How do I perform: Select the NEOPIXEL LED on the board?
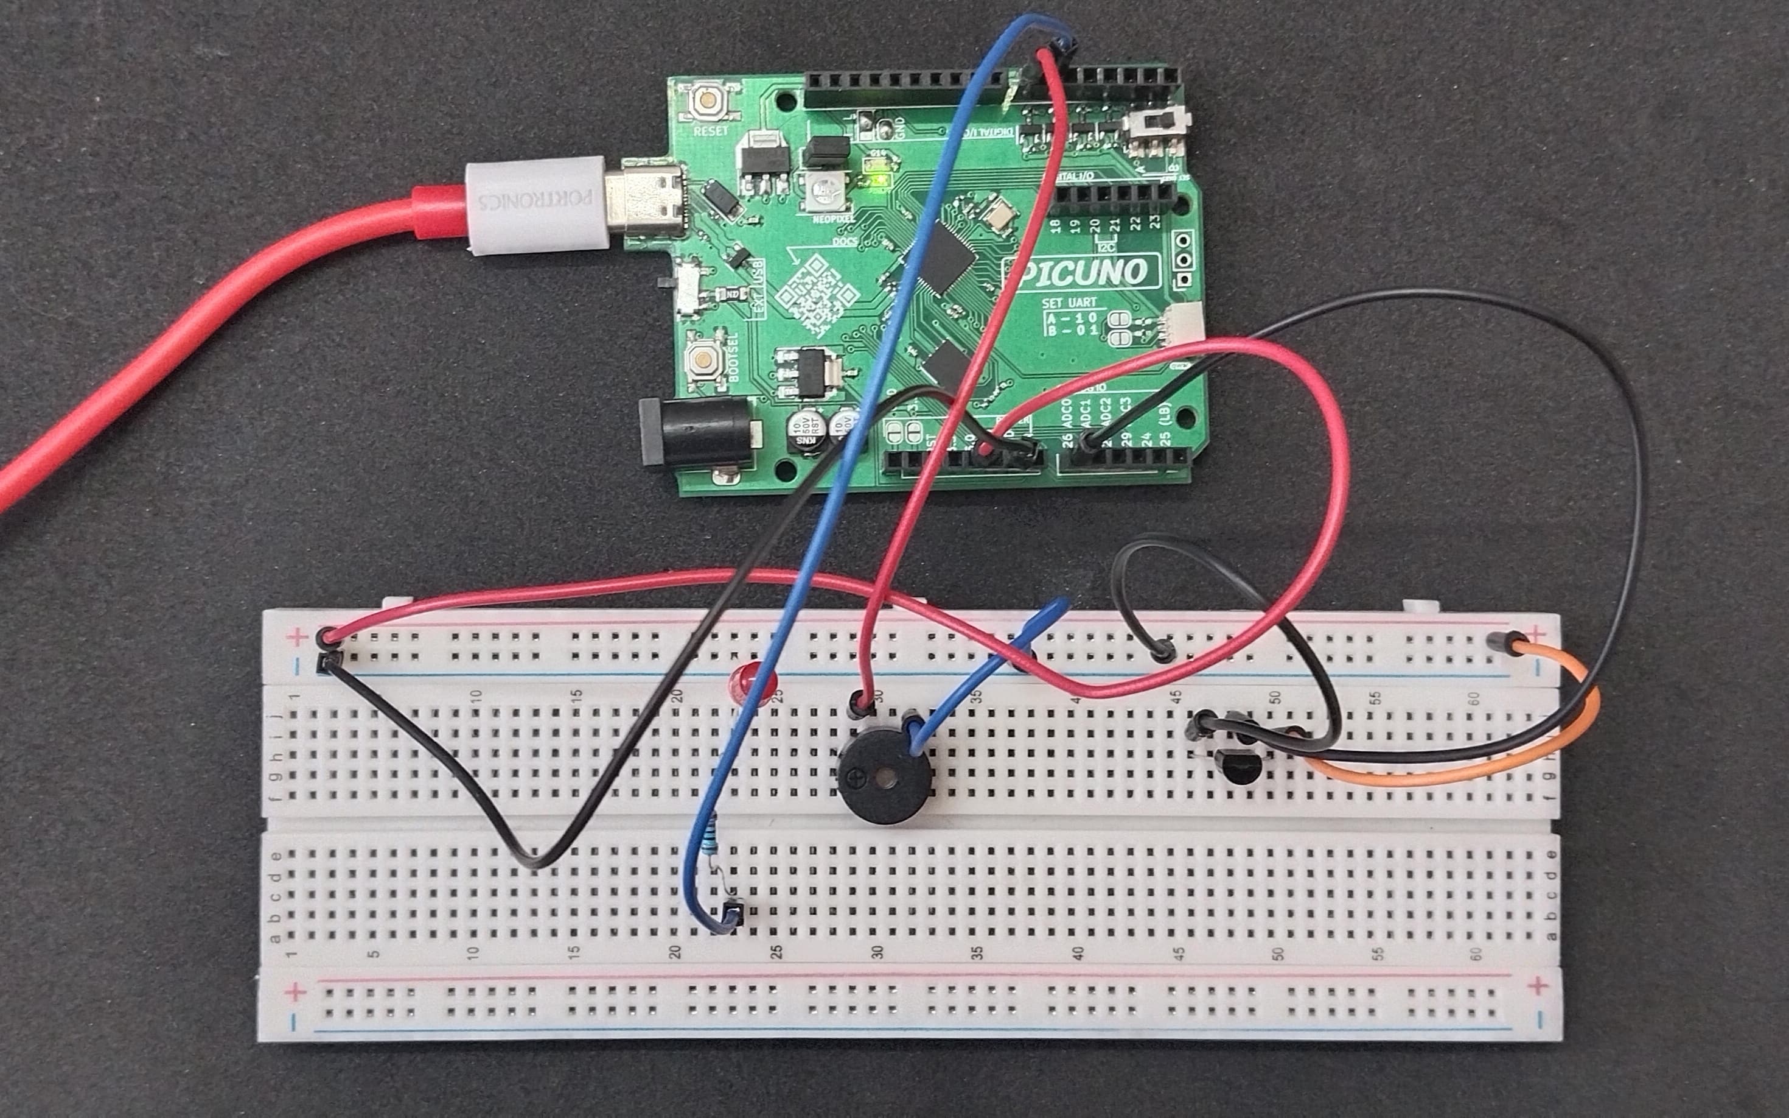tap(825, 193)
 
